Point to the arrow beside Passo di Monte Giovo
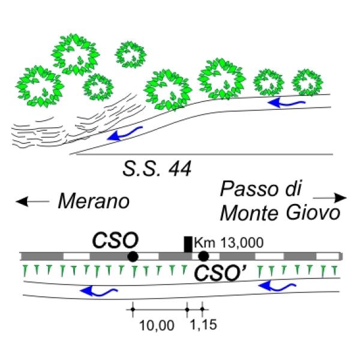click(331, 197)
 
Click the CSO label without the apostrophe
click(115, 241)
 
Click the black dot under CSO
click(133, 257)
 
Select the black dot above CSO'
click(203, 257)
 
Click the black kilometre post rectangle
click(188, 244)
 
